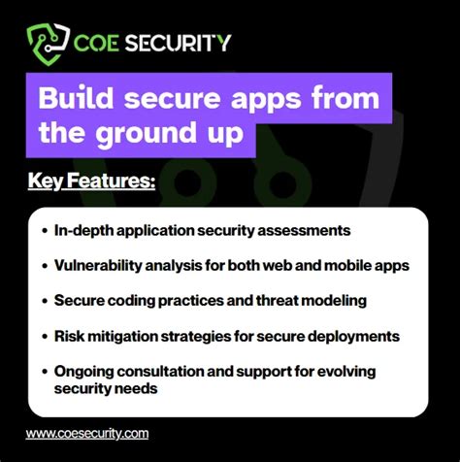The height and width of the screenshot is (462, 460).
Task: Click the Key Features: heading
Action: click(92, 181)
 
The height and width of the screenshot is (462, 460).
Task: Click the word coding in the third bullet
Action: click(149, 301)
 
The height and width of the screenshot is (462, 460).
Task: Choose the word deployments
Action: click(355, 336)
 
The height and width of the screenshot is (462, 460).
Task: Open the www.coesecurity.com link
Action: click(87, 434)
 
